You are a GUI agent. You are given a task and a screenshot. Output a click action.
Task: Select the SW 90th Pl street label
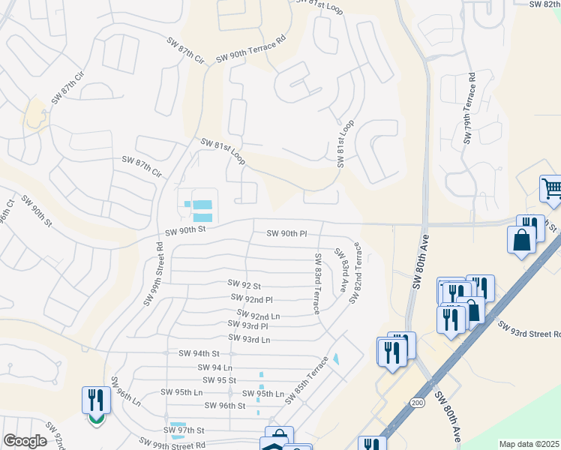pos(287,234)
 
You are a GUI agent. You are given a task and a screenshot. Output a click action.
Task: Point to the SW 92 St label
pos(244,285)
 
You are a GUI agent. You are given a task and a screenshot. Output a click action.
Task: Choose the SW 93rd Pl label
pos(248,326)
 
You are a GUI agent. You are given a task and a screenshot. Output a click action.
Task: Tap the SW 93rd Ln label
pos(248,340)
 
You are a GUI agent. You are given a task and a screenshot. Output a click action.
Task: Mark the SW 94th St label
pos(199,353)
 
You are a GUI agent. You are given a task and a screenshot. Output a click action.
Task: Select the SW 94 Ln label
pos(215,367)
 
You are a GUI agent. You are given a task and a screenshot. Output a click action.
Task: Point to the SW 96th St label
pos(225,406)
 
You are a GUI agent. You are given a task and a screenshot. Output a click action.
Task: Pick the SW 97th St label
pos(184,430)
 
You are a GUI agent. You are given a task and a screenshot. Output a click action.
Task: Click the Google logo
pos(25,442)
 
